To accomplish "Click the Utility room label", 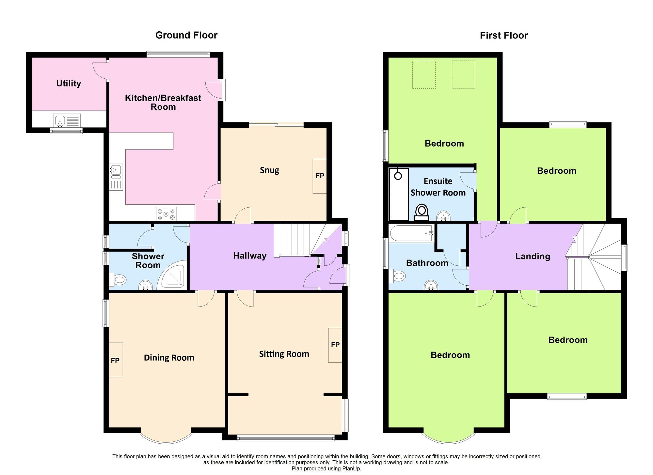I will pyautogui.click(x=69, y=84).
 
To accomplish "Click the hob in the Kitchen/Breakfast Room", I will pyautogui.click(x=166, y=214).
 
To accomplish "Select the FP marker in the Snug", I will pyautogui.click(x=320, y=176).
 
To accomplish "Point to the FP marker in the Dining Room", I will pyautogui.click(x=115, y=360).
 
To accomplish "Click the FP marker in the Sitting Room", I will pyautogui.click(x=335, y=345).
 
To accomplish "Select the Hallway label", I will pyautogui.click(x=250, y=256).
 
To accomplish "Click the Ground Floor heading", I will pyautogui.click(x=186, y=35).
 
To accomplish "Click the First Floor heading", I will pyautogui.click(x=503, y=35).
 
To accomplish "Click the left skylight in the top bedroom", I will pyautogui.click(x=424, y=75).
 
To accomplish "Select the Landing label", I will pyautogui.click(x=533, y=256).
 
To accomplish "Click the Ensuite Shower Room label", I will pyautogui.click(x=438, y=187).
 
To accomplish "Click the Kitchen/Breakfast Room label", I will pyautogui.click(x=163, y=102).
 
